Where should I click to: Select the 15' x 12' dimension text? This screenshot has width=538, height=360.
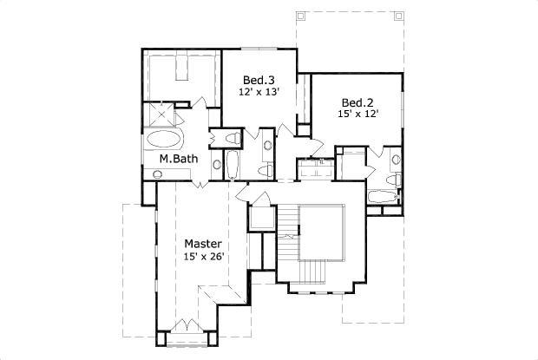click(x=358, y=112)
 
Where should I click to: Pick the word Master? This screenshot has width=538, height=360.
click(x=202, y=244)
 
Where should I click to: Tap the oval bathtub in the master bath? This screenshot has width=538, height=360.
click(x=165, y=140)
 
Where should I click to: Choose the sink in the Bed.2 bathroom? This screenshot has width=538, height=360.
click(x=395, y=160)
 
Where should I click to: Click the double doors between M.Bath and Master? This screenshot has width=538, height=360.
click(x=199, y=183)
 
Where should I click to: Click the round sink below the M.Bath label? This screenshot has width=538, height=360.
click(x=158, y=174)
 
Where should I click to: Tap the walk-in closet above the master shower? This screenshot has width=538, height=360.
click(x=181, y=74)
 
